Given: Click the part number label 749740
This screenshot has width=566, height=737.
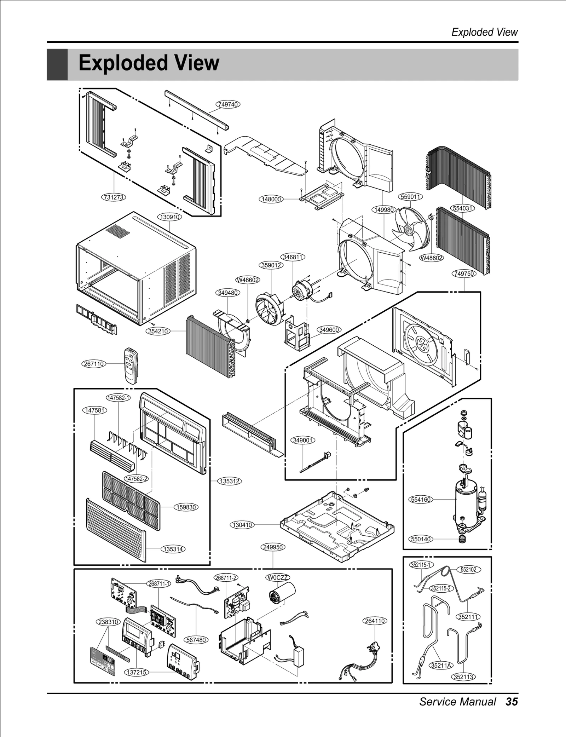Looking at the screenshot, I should coord(228,104).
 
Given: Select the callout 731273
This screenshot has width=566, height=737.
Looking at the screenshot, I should coord(114,197).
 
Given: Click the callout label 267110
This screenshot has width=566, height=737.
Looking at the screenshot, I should coord(94,364).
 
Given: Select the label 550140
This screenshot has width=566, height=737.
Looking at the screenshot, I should coord(421,539).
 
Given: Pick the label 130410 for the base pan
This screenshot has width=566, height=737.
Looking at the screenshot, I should coord(242,525).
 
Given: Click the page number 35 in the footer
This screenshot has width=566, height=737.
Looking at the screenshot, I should coord(512,702).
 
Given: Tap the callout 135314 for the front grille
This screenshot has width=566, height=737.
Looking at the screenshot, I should coord(173,549).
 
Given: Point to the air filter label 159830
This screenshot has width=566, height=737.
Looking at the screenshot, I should coord(186,507).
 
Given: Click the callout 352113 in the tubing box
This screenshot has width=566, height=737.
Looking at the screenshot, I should coord(463,677).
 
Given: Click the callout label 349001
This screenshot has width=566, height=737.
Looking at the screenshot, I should coord(303,441).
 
